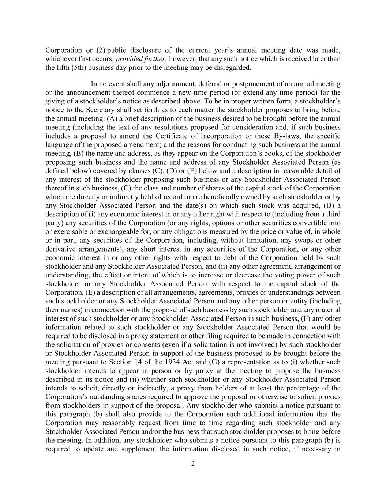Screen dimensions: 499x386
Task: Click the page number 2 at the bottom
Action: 193,464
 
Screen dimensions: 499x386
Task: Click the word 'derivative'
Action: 60,249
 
